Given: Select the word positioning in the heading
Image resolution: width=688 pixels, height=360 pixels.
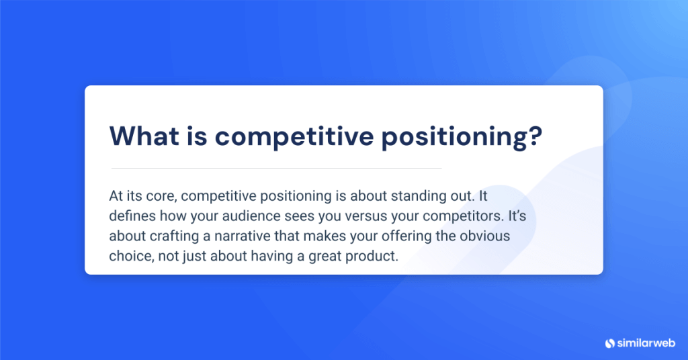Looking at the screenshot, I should click(x=456, y=137).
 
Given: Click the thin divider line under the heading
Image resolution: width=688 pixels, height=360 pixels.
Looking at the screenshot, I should click(x=276, y=168).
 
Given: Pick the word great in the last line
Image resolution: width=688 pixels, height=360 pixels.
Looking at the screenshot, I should click(x=316, y=257).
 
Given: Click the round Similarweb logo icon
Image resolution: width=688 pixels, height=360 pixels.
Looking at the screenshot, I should click(x=610, y=343).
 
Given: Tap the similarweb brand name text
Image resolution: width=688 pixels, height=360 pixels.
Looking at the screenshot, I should click(x=645, y=343).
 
